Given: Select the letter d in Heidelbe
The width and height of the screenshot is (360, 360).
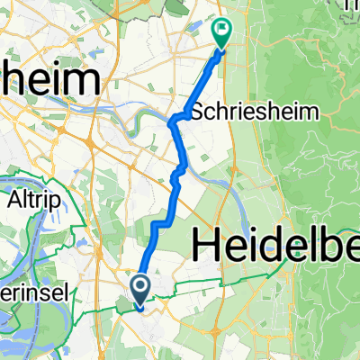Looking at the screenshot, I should pyautogui.click(x=274, y=243).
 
